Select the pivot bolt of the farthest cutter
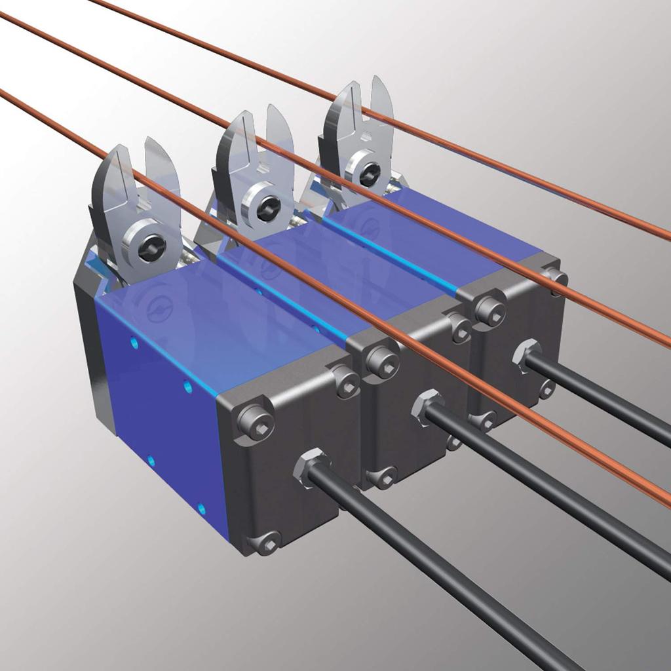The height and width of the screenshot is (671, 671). click(x=368, y=174)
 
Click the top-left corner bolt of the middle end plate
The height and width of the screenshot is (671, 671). click(x=380, y=360)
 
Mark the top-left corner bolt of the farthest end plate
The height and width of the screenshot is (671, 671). click(x=489, y=310)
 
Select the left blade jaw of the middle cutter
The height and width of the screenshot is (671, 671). click(x=229, y=154)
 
